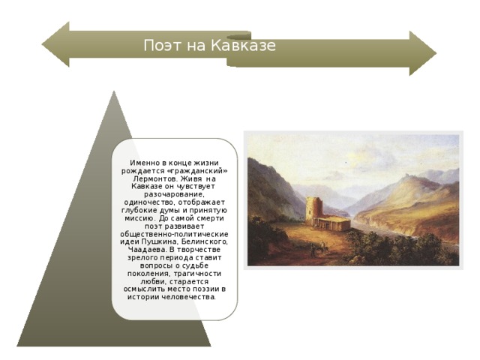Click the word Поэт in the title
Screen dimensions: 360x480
(160, 46)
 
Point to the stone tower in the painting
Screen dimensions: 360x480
(313, 211)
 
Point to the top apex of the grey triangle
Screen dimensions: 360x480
(114, 93)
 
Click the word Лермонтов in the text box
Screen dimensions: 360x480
(156, 180)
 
